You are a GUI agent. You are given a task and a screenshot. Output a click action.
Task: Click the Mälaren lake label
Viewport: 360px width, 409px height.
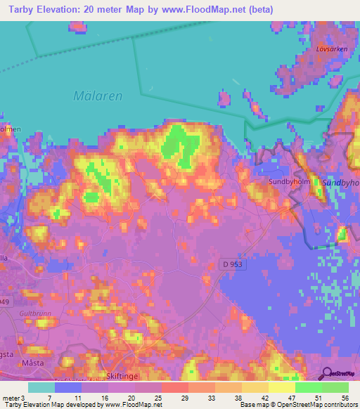click(98, 96)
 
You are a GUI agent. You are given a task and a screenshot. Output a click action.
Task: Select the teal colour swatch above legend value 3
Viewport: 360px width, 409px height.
click(41, 387)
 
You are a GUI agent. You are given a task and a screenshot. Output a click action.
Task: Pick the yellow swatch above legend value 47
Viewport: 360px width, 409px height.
click(282, 387)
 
